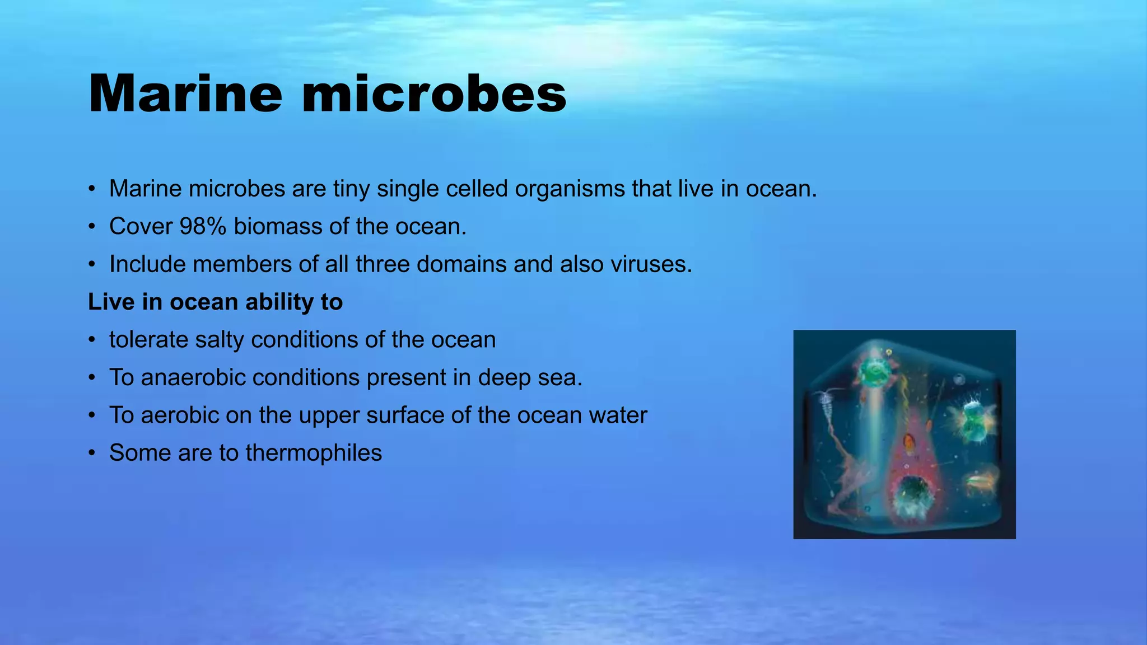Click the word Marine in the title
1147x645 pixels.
[x=185, y=94]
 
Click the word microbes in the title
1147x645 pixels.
[x=434, y=94]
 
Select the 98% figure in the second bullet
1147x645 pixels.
[x=203, y=226]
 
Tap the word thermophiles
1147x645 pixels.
[x=314, y=453]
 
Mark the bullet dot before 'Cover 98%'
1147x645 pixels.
[x=92, y=227]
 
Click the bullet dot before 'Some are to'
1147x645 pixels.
[x=92, y=453]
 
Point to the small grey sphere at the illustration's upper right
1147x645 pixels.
[x=959, y=380]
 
